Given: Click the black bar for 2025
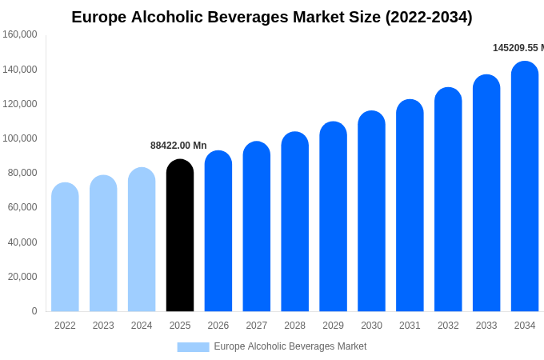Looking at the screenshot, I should coord(180,236).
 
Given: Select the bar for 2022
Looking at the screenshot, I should coord(65,248).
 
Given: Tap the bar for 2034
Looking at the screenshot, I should coord(525,188).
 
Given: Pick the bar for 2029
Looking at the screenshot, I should coord(333,218).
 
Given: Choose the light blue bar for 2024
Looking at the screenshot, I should coord(142,240).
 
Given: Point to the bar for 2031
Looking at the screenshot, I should coord(410,206).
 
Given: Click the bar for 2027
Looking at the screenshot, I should coord(257,227).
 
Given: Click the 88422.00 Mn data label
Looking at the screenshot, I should coord(178,146).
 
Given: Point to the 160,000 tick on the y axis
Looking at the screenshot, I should coord(20,34).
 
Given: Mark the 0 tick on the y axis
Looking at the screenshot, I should coord(34,311).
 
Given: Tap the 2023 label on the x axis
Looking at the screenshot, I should coord(103,326).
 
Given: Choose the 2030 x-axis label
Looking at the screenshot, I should coord(371,326).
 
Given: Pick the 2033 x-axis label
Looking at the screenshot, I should coord(486,326).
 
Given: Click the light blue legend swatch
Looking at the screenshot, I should coord(193,347).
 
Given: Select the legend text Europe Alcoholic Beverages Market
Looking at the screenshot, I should coord(290,346).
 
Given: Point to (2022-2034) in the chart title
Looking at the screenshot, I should coord(429,17).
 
